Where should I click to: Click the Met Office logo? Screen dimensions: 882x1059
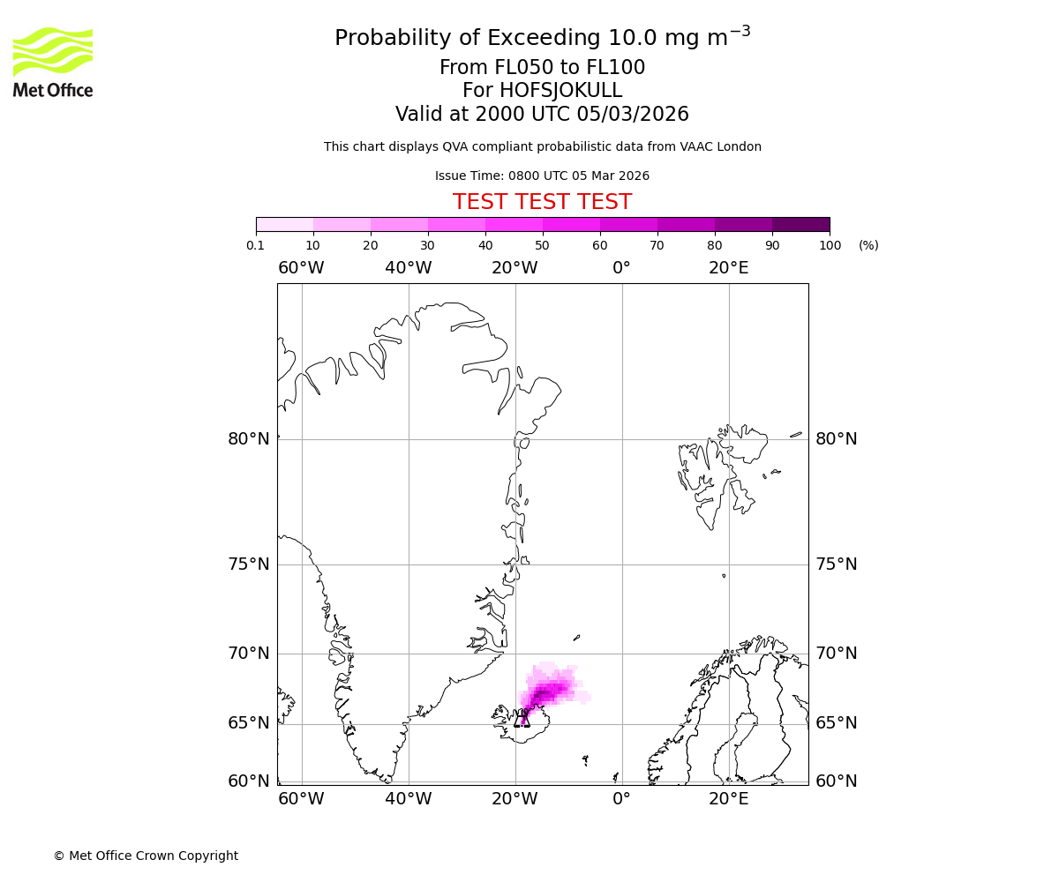[x=53, y=62]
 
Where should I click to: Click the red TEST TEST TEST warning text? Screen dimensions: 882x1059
[x=542, y=202]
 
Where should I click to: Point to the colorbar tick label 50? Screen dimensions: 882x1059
[x=543, y=245]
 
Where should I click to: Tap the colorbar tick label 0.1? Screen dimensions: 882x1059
[x=256, y=245]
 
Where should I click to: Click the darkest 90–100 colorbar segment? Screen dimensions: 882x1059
[x=800, y=224]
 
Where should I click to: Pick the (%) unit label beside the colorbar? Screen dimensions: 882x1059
[x=868, y=245]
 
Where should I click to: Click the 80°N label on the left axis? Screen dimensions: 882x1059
[x=248, y=439]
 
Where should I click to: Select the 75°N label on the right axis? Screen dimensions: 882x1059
[x=836, y=564]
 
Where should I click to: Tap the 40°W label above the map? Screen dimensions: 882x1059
[x=408, y=268]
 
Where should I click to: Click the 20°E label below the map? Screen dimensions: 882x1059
[x=728, y=799]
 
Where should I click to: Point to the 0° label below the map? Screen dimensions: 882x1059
[x=621, y=799]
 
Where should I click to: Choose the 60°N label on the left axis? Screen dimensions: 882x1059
[x=248, y=781]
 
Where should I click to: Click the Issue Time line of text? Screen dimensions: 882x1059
[x=542, y=176]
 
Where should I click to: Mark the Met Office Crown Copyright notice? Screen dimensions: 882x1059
[x=146, y=856]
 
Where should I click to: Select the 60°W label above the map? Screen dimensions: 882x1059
[x=301, y=268]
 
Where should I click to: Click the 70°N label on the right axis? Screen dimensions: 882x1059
[x=836, y=654]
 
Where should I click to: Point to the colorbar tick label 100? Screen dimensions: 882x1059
[x=830, y=245]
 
